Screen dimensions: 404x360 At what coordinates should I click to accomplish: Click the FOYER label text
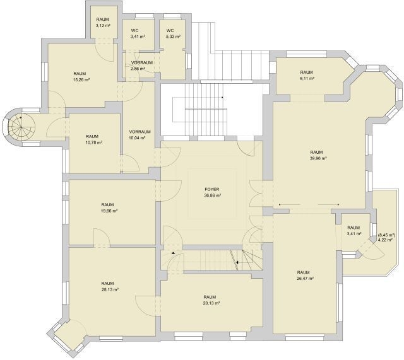click(x=212, y=189)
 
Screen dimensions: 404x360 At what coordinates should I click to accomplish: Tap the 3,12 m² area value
click(x=103, y=25)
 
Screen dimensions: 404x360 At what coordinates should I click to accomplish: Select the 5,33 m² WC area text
click(x=173, y=37)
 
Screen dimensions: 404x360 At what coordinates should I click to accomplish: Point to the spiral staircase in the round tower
click(x=21, y=126)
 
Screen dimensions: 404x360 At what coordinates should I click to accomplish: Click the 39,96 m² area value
click(x=318, y=158)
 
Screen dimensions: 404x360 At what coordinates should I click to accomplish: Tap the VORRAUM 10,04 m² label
click(x=140, y=134)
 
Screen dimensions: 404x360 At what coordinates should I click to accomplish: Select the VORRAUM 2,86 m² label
click(x=141, y=66)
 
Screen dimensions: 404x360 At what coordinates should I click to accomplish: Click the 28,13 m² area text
click(x=110, y=289)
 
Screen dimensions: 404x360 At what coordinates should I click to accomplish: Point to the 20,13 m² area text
click(x=211, y=303)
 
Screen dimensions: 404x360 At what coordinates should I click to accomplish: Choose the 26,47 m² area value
click(x=306, y=279)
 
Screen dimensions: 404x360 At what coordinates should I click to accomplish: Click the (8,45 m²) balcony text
click(x=386, y=235)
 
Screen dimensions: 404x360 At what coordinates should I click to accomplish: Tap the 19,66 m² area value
click(x=109, y=211)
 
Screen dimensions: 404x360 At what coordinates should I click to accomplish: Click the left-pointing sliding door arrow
click(x=290, y=204)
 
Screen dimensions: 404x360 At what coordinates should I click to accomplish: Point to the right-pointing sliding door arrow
click(x=329, y=204)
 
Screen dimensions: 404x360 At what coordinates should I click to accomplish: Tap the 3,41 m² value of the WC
click(x=138, y=37)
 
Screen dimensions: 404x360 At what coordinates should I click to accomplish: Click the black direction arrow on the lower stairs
click(x=237, y=262)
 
